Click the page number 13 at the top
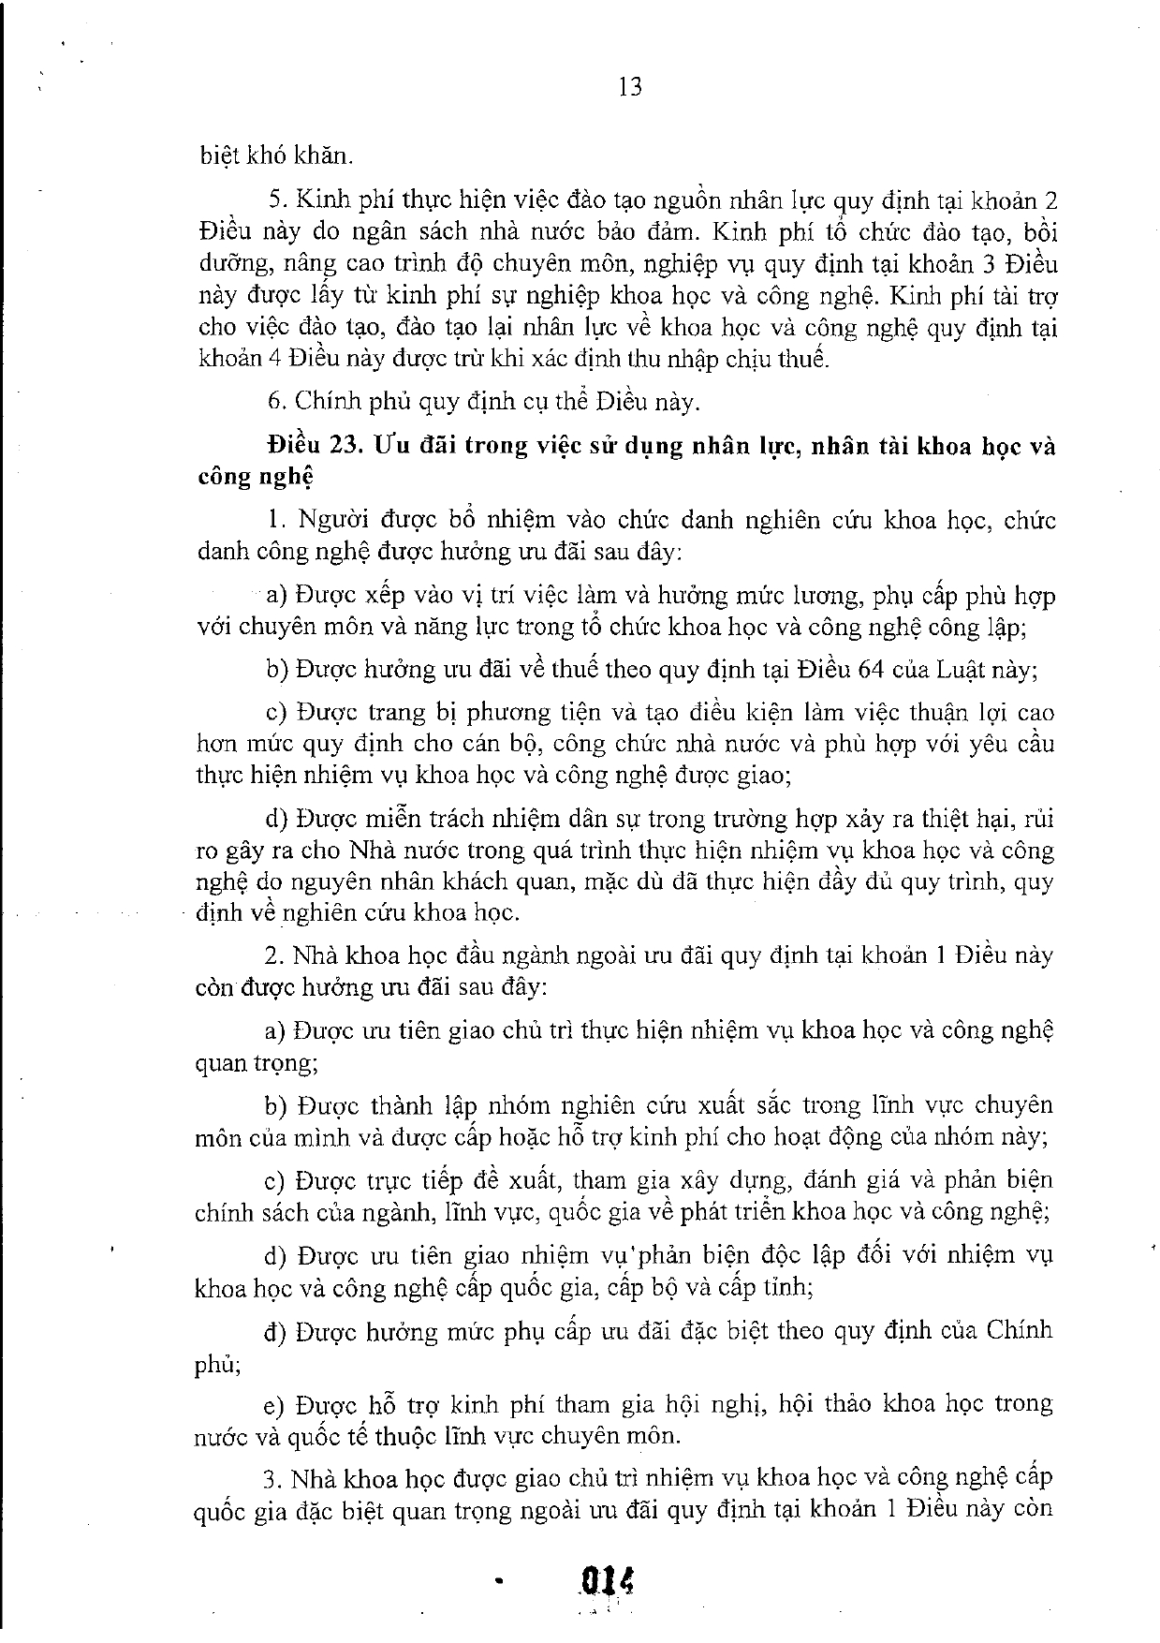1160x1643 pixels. pyautogui.click(x=630, y=87)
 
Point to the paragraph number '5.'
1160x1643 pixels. pyautogui.click(x=275, y=200)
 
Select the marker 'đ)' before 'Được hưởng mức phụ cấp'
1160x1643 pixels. pyautogui.click(x=274, y=1331)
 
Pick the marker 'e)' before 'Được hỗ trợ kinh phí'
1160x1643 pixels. pyautogui.click(x=274, y=1404)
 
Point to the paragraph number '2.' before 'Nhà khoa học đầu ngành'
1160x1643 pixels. pyautogui.click(x=273, y=955)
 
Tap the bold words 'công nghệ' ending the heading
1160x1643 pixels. pyautogui.click(x=255, y=478)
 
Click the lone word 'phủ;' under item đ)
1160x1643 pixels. pyautogui.click(x=217, y=1365)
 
